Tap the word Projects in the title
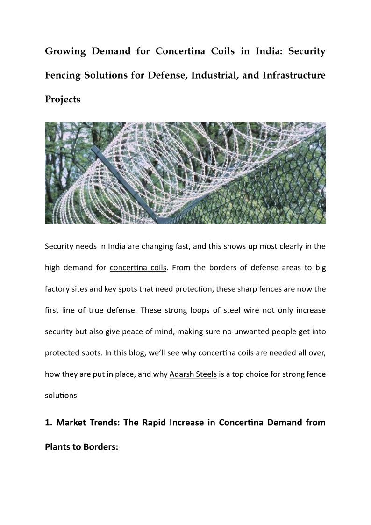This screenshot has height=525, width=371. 63,100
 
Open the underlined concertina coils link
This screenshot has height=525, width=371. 138,268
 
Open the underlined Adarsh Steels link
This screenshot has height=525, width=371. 193,374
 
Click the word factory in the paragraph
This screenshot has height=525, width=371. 57,289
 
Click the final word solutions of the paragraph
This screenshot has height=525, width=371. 61,396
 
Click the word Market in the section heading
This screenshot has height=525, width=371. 70,423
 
